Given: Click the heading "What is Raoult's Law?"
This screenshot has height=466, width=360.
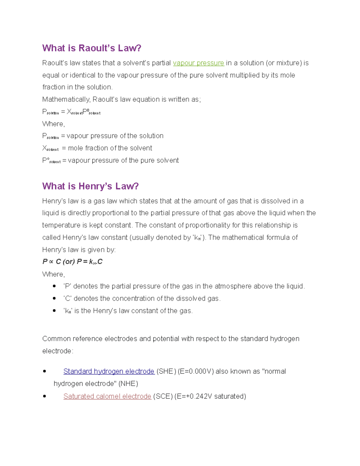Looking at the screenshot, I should [x=91, y=48].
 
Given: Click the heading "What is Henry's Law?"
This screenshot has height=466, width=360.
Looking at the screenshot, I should [x=90, y=186].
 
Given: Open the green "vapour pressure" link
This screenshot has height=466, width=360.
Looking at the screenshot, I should [x=198, y=63].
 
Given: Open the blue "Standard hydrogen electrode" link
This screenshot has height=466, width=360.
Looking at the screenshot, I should [x=109, y=371].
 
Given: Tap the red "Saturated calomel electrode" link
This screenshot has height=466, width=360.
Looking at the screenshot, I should [x=107, y=396].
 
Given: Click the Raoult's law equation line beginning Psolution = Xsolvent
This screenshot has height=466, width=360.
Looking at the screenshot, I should [x=71, y=112].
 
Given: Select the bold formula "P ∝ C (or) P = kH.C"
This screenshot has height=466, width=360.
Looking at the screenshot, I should [x=72, y=262].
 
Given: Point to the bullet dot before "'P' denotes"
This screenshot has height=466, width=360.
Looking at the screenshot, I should [x=54, y=286].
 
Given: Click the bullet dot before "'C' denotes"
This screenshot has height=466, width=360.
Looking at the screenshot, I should [x=54, y=299].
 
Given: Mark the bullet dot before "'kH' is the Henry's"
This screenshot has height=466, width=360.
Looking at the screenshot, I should [x=54, y=311].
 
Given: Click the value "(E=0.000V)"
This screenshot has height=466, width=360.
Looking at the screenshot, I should [x=196, y=371].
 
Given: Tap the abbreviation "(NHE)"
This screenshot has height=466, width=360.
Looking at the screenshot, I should [x=128, y=384].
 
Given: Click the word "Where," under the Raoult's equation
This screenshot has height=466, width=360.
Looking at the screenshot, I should [x=53, y=124].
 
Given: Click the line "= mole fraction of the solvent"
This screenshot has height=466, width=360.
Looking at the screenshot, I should [x=107, y=148].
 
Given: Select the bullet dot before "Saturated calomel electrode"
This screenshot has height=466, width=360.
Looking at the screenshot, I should [x=45, y=396].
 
